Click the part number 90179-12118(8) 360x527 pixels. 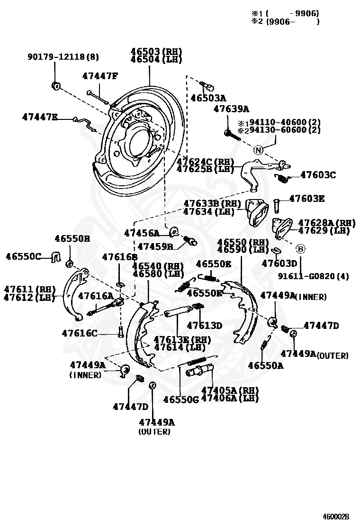[x=63, y=57]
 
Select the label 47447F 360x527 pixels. [x=99, y=76]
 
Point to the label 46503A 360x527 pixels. [x=208, y=98]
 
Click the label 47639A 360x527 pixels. [x=231, y=109]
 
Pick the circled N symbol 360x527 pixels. [x=258, y=150]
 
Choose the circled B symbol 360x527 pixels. [x=300, y=248]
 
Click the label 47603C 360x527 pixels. [x=318, y=175]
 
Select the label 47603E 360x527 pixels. [x=307, y=199]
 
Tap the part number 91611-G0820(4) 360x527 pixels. [x=313, y=276]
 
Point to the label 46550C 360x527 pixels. [x=23, y=256]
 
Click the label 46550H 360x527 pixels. [x=72, y=238]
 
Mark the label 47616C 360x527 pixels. [x=80, y=333]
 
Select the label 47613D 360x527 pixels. [x=204, y=325]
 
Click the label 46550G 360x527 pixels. [x=181, y=399]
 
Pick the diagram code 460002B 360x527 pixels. [x=336, y=517]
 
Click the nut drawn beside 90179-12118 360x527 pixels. [x=55, y=86]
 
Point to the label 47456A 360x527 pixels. [x=142, y=233]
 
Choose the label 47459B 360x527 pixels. [x=155, y=246]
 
